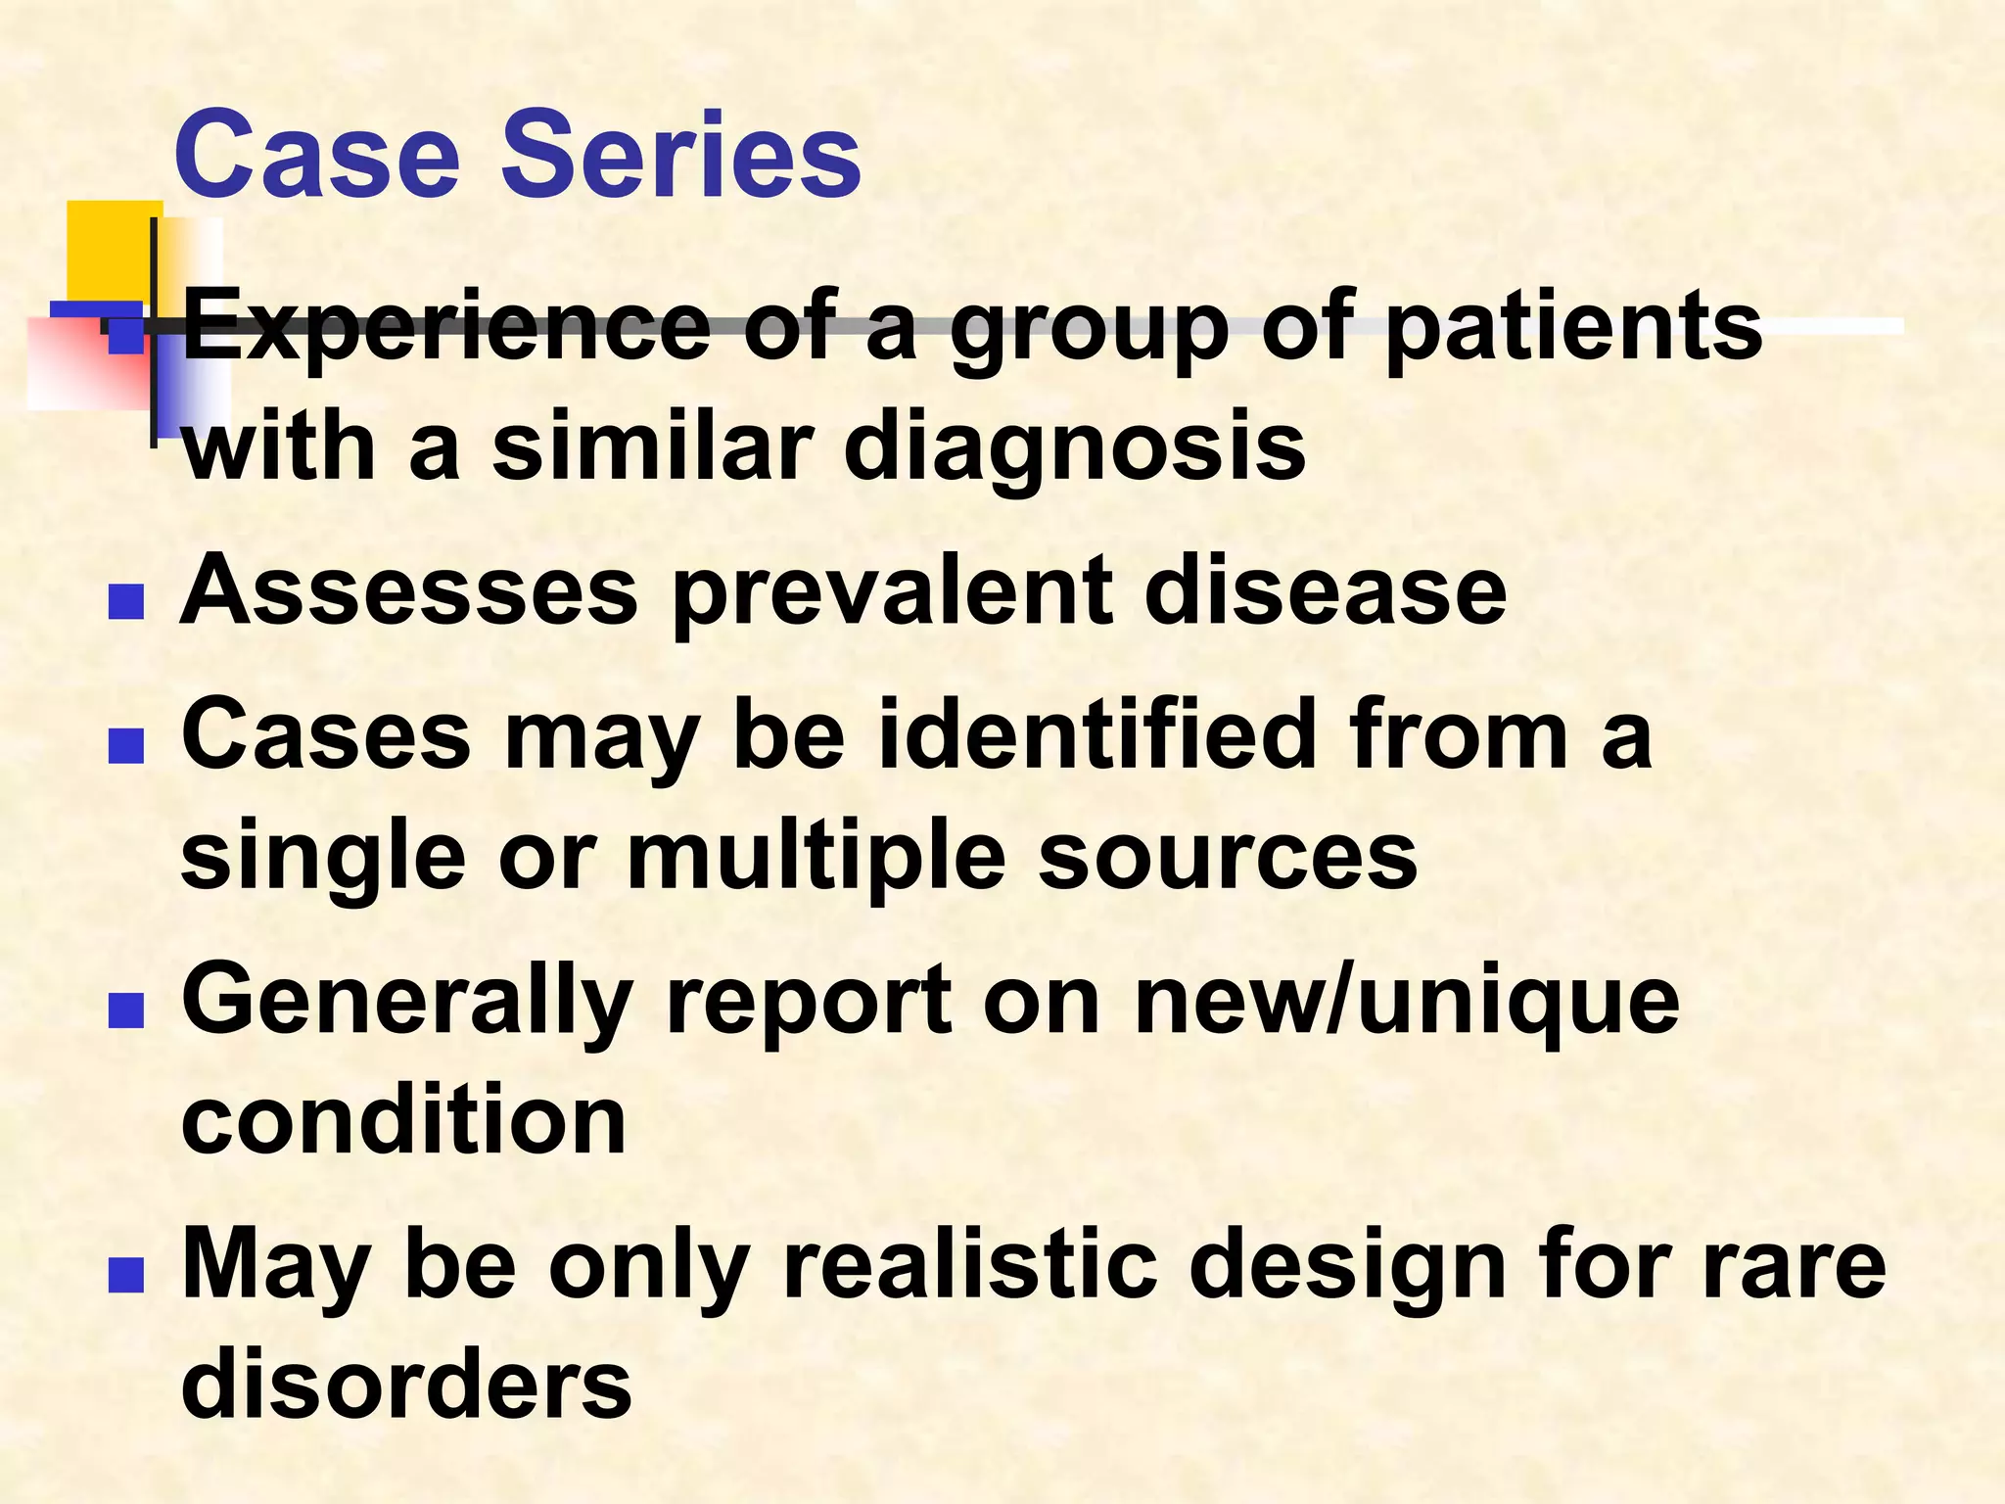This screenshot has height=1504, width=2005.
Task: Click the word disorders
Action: (406, 1385)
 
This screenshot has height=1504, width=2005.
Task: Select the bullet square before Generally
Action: (126, 1010)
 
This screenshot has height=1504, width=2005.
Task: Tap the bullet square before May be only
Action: (126, 1275)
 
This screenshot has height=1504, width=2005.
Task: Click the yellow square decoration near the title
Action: (108, 245)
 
